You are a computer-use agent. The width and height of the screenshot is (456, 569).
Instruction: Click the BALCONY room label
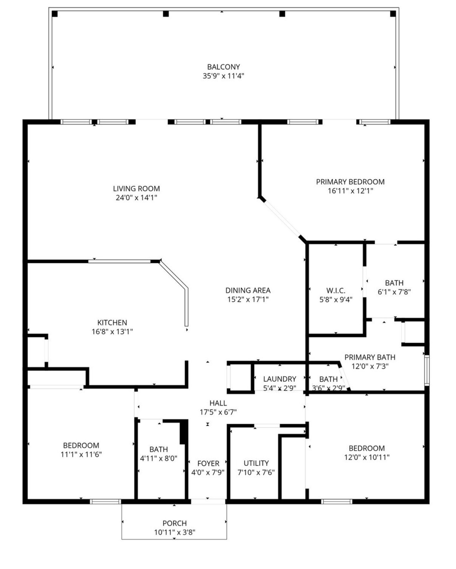coord(223,67)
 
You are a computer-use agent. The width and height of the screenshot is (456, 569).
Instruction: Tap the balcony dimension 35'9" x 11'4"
coord(223,76)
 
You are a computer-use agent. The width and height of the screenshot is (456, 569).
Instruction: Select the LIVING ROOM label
coord(136,189)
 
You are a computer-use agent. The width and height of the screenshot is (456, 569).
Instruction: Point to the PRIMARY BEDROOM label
coord(350,182)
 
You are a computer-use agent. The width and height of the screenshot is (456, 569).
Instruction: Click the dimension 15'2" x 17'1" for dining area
coord(248,299)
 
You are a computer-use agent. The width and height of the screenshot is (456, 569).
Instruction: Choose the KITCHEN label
coord(112,322)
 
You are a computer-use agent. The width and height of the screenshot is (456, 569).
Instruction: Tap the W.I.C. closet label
coord(336,291)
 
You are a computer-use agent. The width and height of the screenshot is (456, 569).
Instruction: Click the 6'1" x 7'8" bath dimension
coord(394,292)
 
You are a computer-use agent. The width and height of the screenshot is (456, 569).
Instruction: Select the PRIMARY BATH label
coord(370,358)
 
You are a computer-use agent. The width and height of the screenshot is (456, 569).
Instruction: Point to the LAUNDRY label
coord(279,379)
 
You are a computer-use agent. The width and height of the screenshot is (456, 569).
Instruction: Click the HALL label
coord(218,403)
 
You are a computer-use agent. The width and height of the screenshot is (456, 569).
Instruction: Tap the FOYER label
coord(208,464)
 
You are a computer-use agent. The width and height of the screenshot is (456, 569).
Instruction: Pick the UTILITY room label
coord(256,463)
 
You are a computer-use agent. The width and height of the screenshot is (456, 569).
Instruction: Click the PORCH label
coord(175,523)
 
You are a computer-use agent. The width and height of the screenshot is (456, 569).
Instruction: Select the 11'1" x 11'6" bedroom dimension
coord(81,454)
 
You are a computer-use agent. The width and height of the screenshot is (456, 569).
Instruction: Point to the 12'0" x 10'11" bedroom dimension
coord(367,457)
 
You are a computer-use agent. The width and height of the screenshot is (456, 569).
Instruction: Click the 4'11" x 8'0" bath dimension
coord(158,458)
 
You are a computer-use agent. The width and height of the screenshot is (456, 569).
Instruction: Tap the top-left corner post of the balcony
coord(55,14)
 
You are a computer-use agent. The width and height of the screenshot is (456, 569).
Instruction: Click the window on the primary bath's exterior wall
coord(427,371)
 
